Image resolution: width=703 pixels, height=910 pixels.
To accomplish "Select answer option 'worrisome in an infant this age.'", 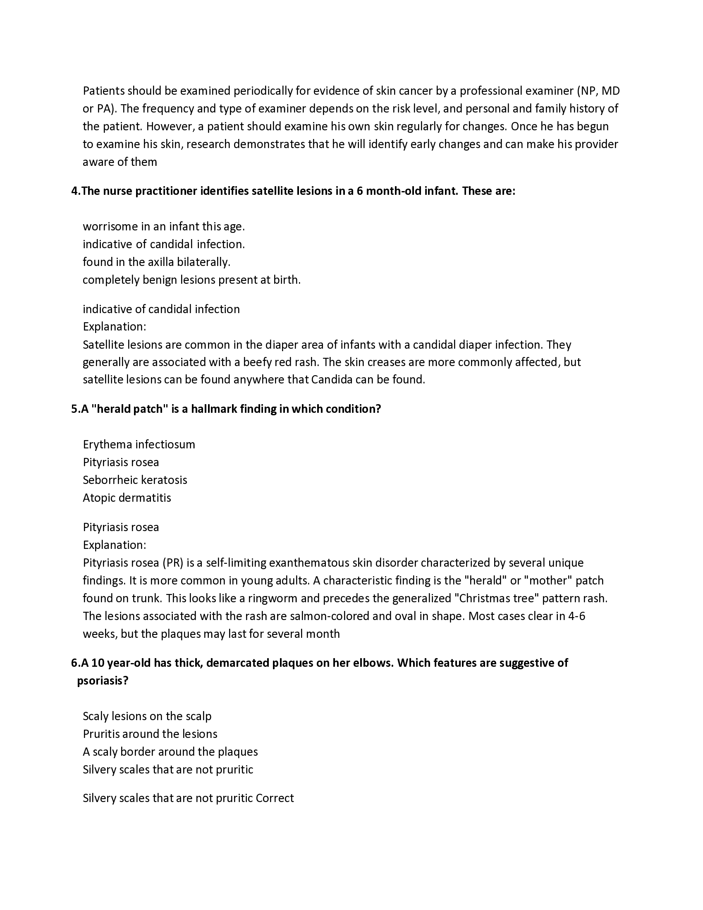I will click(x=164, y=227).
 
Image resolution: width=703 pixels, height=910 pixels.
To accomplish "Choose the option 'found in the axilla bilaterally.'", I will click(x=156, y=262).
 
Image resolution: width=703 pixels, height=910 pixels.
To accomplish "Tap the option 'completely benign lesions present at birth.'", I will click(x=191, y=280).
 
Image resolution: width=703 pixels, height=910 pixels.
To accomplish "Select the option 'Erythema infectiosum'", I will click(x=139, y=445).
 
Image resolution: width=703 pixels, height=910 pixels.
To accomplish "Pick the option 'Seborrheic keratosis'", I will click(x=134, y=480).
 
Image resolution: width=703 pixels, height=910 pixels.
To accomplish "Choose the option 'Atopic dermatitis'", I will click(x=127, y=498).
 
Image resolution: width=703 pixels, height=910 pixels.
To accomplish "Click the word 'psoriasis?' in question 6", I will click(x=103, y=681).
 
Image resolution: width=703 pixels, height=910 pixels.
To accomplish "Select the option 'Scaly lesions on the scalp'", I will click(x=147, y=716).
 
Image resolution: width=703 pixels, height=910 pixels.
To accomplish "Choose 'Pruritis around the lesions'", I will click(x=150, y=734).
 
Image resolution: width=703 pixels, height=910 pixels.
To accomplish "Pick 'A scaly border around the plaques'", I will click(x=170, y=752).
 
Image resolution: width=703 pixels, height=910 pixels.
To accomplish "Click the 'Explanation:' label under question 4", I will click(x=114, y=327).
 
